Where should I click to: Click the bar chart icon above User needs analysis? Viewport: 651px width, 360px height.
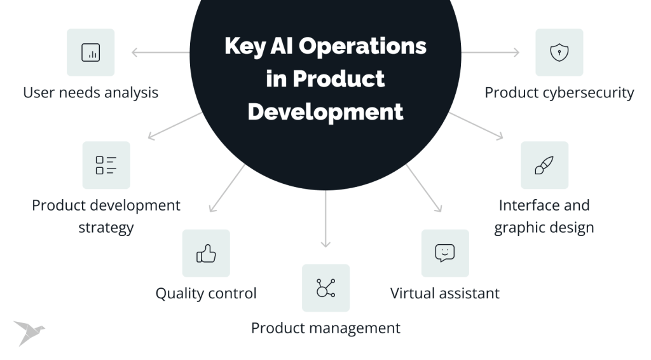[x=91, y=52]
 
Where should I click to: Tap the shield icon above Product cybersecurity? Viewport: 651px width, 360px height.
[x=559, y=52]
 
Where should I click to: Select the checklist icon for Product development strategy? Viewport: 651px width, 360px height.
[x=106, y=165]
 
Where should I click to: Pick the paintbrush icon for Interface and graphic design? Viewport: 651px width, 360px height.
[x=544, y=165]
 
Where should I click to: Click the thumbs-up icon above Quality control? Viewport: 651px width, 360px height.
[x=206, y=253]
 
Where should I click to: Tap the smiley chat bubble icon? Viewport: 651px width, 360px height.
[x=445, y=253]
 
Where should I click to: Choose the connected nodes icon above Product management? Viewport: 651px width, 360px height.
[x=325, y=288]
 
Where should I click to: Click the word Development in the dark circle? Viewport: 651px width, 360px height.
[x=325, y=111]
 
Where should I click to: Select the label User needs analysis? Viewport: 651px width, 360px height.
[x=91, y=92]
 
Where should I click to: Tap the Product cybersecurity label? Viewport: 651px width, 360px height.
[x=559, y=92]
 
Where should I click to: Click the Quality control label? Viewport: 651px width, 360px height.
[x=206, y=293]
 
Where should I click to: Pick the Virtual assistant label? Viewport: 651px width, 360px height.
[x=445, y=293]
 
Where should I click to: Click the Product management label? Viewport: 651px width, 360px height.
[x=325, y=328]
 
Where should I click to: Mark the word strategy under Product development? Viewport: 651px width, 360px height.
[x=106, y=227]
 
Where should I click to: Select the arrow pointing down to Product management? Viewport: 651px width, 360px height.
[x=325, y=219]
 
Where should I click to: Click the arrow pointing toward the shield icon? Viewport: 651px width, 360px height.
[x=490, y=52]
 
